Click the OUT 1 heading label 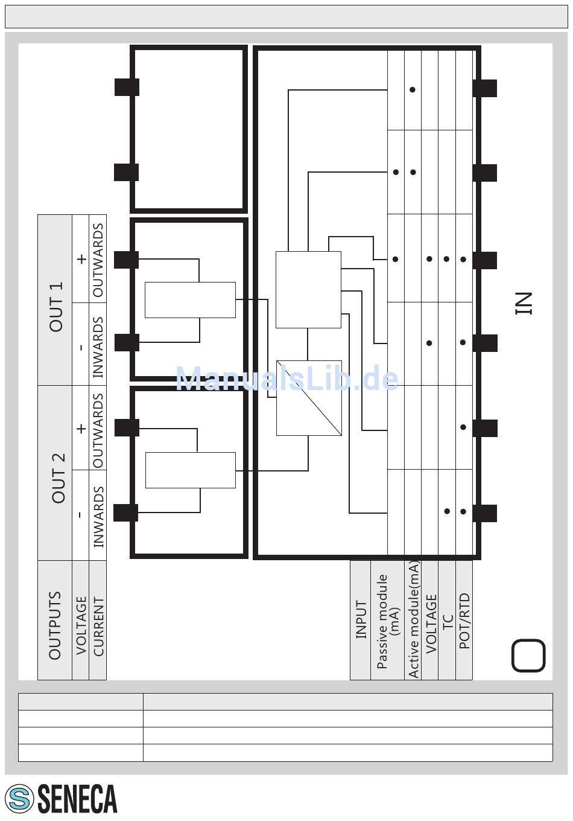coord(56,307)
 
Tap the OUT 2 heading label coord(59,478)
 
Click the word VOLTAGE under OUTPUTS coord(81,625)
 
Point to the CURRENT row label coord(98,627)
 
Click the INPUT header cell coord(361,619)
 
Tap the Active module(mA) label coord(413,619)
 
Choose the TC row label coord(448,622)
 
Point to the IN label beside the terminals coord(524,303)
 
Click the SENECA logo coord(61,799)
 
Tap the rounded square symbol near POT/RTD coord(528,656)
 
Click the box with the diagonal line coord(309,398)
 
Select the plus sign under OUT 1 coord(81,259)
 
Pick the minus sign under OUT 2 coord(80,515)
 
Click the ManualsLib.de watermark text coord(286,379)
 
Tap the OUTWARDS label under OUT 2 coord(98,430)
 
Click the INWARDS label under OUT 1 coord(98,347)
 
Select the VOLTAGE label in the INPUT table coord(431,624)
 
